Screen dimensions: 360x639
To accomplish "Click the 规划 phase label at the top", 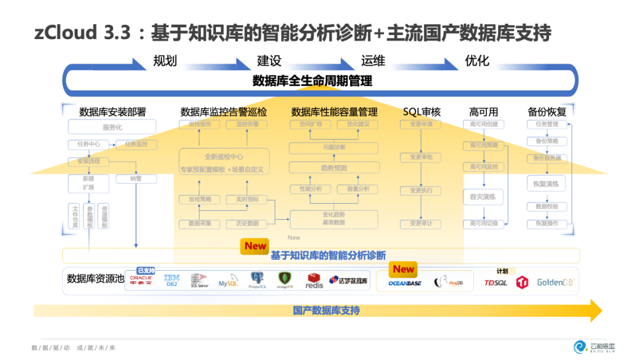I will click(164, 61).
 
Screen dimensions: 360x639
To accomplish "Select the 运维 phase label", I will click(373, 61).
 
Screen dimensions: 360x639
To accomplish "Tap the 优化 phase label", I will click(477, 61).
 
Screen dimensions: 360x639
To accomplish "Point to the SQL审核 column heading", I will click(422, 112).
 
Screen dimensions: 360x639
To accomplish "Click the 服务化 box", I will click(112, 127).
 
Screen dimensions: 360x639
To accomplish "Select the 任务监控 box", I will click(136, 144).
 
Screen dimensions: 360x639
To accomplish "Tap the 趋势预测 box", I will click(334, 168).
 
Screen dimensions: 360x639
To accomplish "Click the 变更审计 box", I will click(421, 224).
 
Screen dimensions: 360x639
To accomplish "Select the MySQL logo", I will click(228, 282).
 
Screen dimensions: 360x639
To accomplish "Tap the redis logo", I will click(314, 282).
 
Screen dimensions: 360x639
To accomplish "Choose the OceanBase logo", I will click(404, 283).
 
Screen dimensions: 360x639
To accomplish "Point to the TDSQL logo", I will click(496, 283).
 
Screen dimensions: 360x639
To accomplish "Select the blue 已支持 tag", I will click(146, 271).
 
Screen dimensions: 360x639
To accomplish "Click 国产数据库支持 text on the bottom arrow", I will click(326, 310).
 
